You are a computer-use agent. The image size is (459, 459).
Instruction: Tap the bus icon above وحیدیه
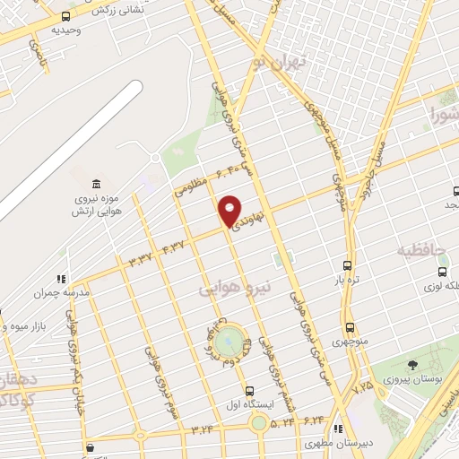(65, 16)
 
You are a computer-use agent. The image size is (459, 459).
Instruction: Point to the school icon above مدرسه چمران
(61, 279)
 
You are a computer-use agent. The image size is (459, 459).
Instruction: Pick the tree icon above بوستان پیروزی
(411, 365)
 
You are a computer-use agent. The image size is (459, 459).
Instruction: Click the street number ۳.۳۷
(141, 258)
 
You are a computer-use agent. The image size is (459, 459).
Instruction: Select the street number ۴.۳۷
(175, 245)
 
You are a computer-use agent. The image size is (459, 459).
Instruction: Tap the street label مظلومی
(190, 186)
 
